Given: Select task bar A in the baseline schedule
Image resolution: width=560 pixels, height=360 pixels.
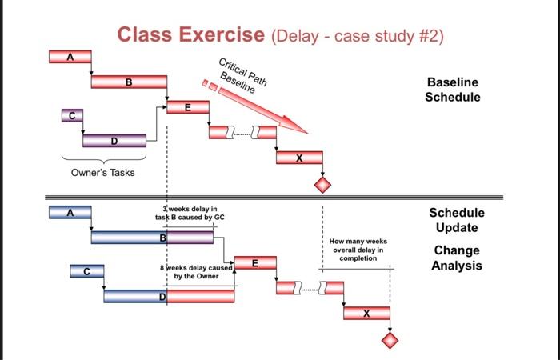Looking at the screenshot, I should pyautogui.click(x=70, y=57).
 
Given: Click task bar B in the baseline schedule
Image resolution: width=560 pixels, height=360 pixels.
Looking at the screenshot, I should pyautogui.click(x=129, y=82).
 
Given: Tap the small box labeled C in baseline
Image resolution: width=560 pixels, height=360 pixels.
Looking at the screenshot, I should pyautogui.click(x=70, y=116).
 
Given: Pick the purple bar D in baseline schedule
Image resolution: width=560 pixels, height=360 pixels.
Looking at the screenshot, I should pyautogui.click(x=114, y=141).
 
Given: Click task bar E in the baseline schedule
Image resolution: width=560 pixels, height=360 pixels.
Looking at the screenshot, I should pyautogui.click(x=187, y=107).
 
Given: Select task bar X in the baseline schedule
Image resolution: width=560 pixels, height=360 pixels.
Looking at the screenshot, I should pyautogui.click(x=299, y=158).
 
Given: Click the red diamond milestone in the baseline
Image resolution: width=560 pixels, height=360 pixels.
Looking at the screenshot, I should pyautogui.click(x=322, y=185).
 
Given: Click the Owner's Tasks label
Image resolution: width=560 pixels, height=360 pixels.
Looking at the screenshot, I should pyautogui.click(x=99, y=172).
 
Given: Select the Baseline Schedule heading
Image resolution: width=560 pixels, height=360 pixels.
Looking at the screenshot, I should pyautogui.click(x=453, y=90).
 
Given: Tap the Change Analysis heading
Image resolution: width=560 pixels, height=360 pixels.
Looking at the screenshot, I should pyautogui.click(x=457, y=257).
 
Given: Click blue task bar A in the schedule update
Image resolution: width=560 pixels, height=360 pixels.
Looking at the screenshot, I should pyautogui.click(x=70, y=212).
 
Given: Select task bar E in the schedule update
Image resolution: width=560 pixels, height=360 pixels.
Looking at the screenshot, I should pyautogui.click(x=254, y=262).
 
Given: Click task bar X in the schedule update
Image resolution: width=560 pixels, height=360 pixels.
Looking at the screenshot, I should pyautogui.click(x=366, y=313).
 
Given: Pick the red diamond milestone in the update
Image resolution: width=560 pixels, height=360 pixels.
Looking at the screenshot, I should pyautogui.click(x=390, y=340).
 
